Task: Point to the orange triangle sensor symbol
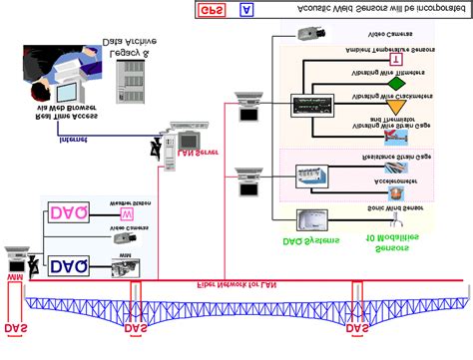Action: click(x=398, y=106)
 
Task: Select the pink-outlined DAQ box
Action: click(x=68, y=213)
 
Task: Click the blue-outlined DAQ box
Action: click(x=68, y=265)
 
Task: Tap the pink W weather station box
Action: click(x=127, y=212)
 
